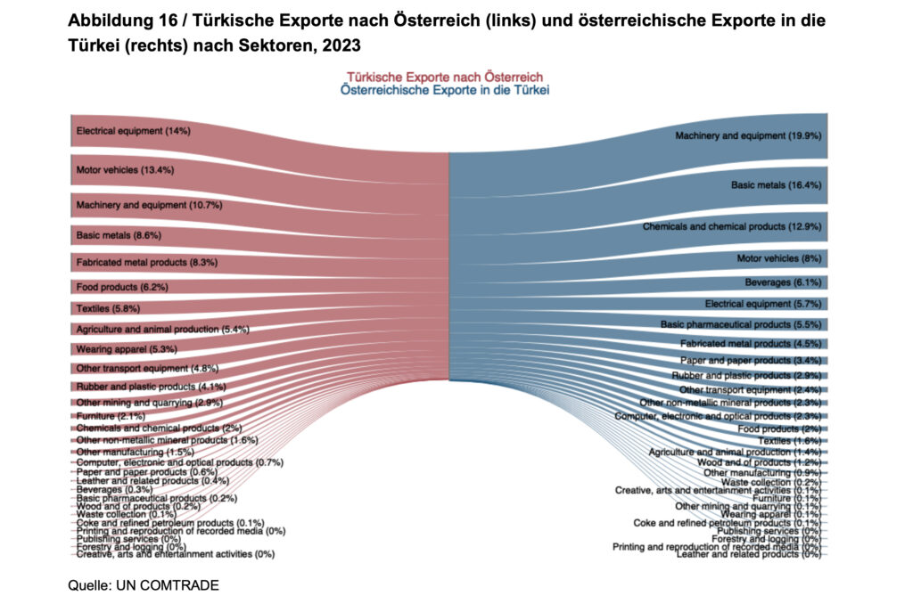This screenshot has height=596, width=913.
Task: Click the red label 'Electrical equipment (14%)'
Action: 134,131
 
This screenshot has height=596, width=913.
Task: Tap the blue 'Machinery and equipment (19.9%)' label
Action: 748,136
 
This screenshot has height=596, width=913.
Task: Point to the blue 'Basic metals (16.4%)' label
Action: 776,186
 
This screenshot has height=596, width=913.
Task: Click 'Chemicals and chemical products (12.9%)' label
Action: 731,227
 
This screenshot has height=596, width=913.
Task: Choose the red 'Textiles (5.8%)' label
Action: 108,308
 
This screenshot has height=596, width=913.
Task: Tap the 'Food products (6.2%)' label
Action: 122,287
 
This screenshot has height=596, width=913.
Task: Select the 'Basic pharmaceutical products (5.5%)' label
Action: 740,324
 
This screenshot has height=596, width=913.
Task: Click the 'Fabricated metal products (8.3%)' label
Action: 147,263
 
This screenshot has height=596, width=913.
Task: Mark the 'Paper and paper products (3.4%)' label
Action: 751,361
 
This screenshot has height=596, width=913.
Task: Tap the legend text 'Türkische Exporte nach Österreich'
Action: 445,78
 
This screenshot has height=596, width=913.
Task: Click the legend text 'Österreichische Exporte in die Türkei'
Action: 445,90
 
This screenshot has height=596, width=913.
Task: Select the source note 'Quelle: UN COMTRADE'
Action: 143,584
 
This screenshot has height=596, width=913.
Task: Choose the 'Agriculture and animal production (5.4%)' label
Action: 162,330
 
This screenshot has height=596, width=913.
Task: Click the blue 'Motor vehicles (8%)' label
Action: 778,259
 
